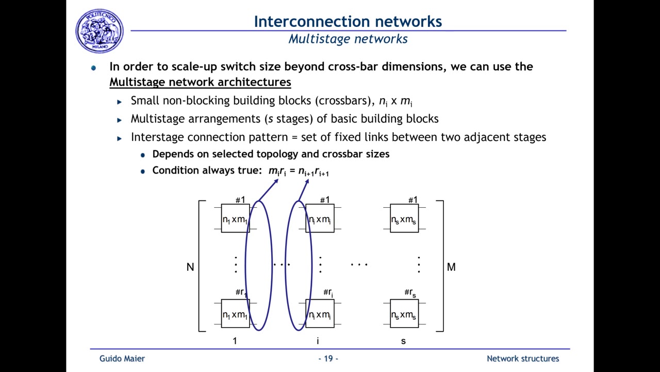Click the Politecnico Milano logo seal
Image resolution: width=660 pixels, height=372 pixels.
[100, 30]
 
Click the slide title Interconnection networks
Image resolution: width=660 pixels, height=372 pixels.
[348, 21]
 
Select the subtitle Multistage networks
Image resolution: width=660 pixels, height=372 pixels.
[348, 39]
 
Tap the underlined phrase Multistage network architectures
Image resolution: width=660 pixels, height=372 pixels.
[200, 82]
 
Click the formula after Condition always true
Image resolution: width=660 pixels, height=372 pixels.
[299, 171]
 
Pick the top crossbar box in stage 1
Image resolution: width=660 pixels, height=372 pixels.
[235, 219]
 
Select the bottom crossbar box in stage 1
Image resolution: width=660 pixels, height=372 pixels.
[235, 314]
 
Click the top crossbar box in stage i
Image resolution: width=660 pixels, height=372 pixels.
[320, 219]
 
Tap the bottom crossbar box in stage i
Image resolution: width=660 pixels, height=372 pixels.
[320, 314]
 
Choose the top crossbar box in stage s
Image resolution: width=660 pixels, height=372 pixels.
[404, 219]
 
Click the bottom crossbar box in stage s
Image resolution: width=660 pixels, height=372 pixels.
[404, 314]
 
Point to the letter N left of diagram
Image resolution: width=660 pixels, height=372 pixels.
[190, 267]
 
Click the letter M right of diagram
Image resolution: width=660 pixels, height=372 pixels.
[451, 267]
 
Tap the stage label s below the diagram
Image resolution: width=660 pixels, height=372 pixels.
[403, 341]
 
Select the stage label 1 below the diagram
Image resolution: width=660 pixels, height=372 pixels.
[235, 341]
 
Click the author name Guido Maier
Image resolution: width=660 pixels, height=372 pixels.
[122, 359]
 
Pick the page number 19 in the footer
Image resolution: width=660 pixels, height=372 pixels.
[328, 359]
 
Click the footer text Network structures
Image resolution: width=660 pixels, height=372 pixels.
[522, 359]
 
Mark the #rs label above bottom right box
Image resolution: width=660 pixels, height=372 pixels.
[410, 293]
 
